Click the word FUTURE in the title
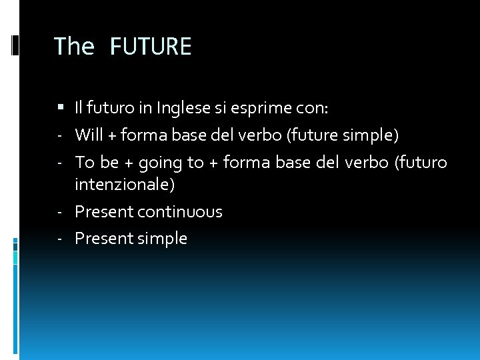point(150,47)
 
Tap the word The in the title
point(74,47)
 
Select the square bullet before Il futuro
point(61,107)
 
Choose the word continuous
point(180,212)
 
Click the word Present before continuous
point(104,212)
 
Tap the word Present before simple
point(104,239)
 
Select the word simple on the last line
point(162,239)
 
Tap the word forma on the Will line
point(141,135)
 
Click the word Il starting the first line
point(79,107)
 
